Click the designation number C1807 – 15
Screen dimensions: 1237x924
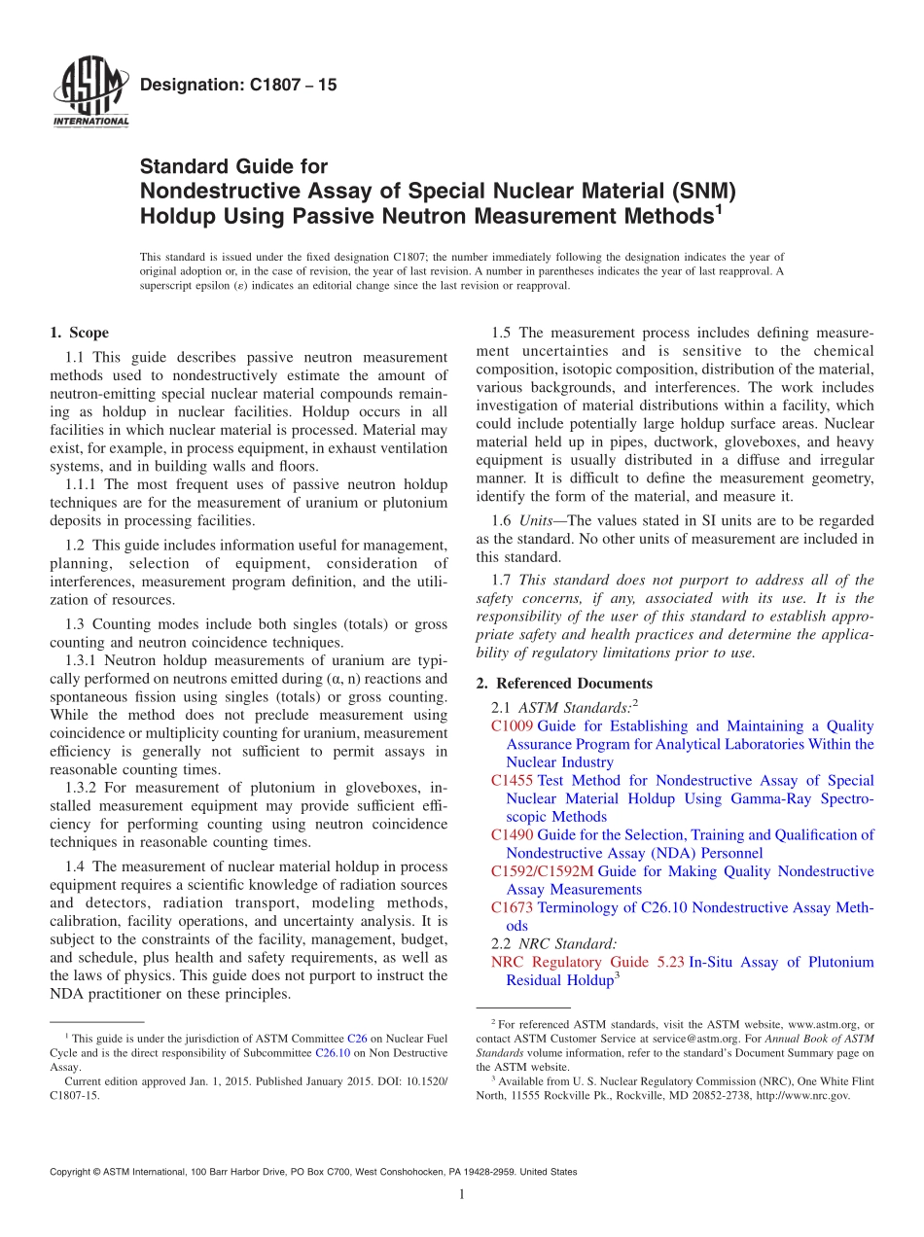click(238, 86)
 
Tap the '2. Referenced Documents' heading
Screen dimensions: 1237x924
click(564, 684)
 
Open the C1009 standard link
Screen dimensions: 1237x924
click(512, 726)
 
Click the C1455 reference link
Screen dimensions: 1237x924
click(512, 781)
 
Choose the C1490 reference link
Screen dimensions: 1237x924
click(512, 835)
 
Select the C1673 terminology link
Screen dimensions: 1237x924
click(512, 908)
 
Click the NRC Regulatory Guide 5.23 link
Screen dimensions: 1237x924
click(587, 963)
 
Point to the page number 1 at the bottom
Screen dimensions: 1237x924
click(462, 1195)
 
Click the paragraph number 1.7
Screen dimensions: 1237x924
click(502, 581)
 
